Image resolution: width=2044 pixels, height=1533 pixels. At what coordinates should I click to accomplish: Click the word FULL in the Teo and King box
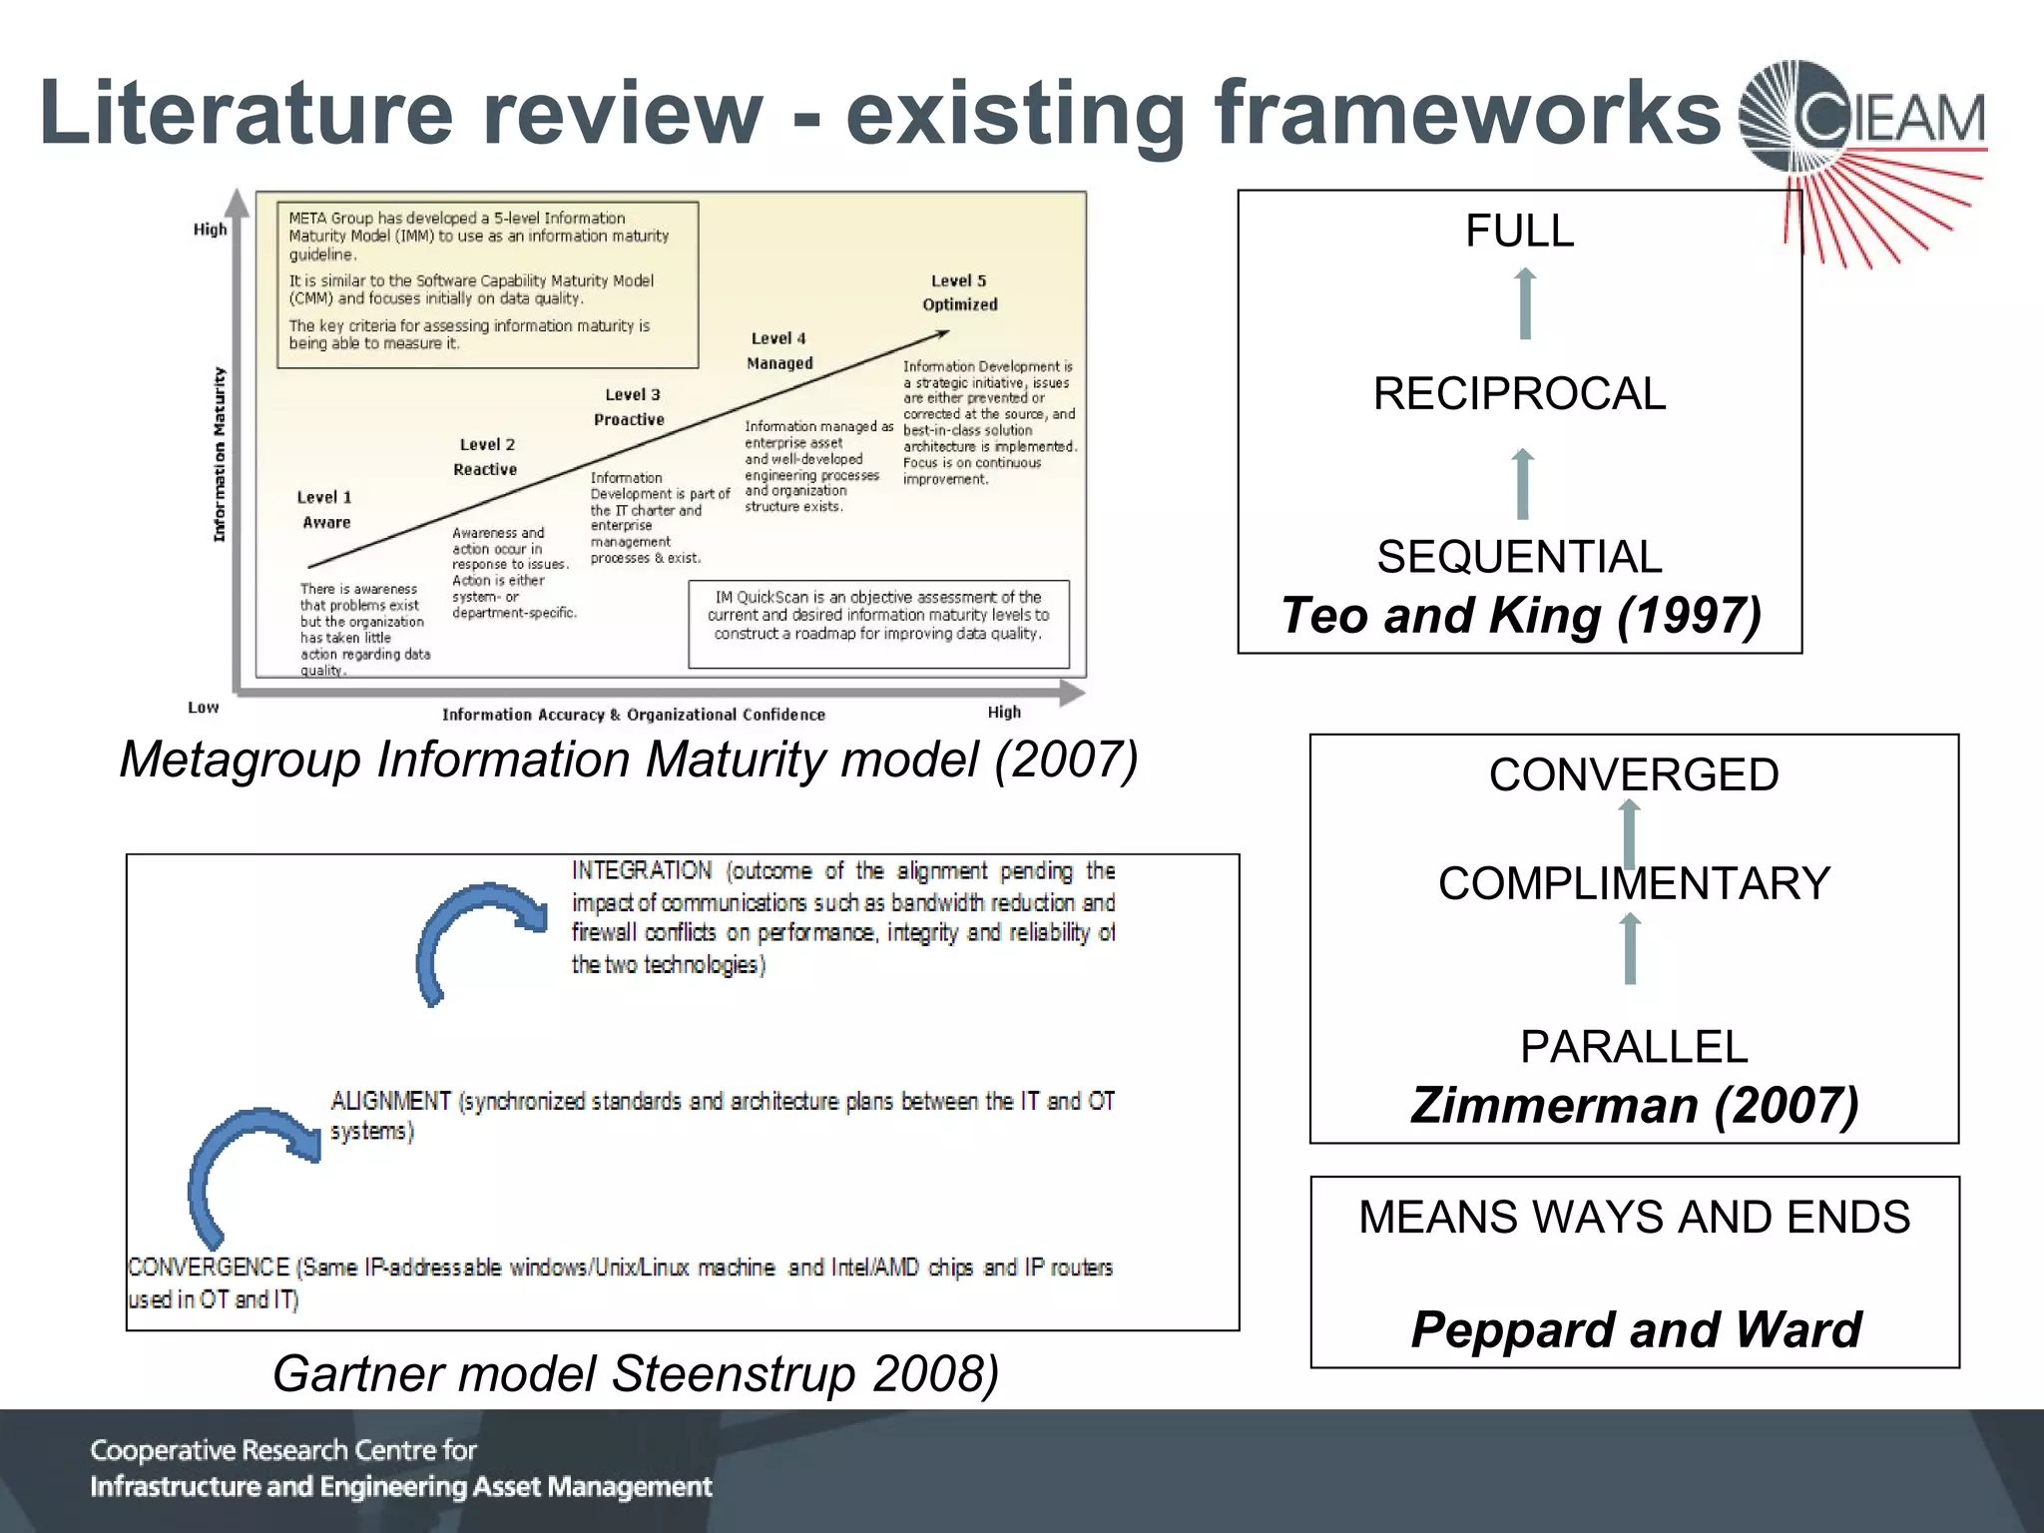pos(1519,232)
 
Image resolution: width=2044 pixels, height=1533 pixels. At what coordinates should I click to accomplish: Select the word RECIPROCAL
pos(1519,393)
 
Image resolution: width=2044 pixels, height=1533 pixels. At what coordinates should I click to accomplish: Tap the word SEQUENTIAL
pos(1519,557)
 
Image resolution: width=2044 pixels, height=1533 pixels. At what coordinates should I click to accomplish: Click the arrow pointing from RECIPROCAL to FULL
pos(1524,303)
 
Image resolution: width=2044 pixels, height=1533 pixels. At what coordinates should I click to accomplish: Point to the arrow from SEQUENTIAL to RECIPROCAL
pos(1522,484)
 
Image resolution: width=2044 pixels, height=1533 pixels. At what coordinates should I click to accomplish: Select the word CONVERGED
pos(1634,774)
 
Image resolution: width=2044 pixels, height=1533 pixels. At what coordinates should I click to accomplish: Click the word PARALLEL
pos(1634,1047)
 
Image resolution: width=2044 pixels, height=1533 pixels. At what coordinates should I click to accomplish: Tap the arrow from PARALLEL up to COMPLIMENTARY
pos(1630,949)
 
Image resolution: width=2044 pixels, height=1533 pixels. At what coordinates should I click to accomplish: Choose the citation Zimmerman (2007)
pos(1634,1105)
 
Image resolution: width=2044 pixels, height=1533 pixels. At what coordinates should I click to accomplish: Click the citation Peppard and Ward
pos(1636,1329)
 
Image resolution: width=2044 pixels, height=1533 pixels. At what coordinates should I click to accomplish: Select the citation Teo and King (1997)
pos(1520,615)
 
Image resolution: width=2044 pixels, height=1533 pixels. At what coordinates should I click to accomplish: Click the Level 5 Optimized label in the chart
pos(959,292)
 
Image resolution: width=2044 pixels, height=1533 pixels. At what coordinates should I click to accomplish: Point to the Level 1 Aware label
pos(325,509)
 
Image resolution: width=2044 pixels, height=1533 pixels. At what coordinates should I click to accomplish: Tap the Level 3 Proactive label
pos(631,407)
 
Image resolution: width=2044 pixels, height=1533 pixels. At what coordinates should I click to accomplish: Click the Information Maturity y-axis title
pos(220,455)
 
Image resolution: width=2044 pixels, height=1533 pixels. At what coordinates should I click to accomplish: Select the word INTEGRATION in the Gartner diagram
pos(642,871)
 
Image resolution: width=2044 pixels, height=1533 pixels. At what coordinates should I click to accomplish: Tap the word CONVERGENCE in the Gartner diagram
pos(209,1268)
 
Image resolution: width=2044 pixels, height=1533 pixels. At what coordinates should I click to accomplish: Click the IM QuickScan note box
pos(878,623)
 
